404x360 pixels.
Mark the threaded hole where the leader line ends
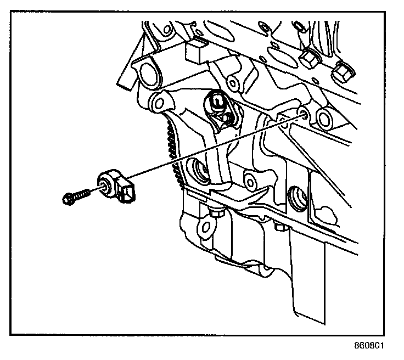click(x=303, y=113)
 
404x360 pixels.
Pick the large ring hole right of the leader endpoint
click(x=323, y=117)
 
